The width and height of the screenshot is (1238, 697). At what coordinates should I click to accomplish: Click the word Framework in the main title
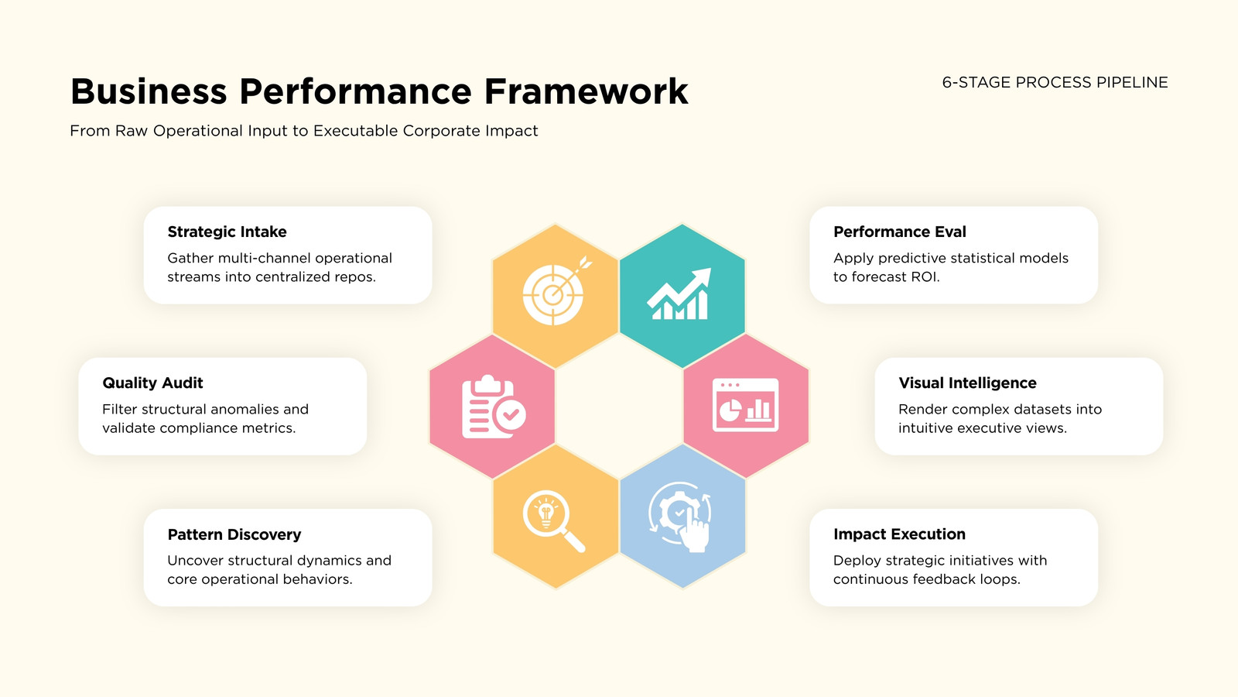pos(586,91)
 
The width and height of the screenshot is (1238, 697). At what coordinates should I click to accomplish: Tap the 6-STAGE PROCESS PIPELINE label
pos(1055,82)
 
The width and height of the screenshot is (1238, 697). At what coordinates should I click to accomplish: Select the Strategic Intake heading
pos(227,232)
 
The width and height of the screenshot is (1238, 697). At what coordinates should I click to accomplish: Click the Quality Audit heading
pos(152,383)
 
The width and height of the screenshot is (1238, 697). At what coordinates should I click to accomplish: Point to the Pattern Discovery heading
pos(234,534)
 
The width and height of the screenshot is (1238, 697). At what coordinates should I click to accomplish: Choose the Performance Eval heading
pos(900,232)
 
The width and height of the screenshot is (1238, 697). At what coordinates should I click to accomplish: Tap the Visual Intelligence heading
pos(967,383)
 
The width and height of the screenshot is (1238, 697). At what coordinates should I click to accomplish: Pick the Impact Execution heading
pos(899,534)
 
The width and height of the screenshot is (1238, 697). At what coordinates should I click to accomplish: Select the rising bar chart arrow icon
pos(679,294)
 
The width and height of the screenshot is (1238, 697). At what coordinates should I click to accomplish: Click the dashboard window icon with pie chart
pos(746,405)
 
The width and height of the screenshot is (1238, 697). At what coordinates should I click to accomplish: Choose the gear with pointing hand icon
pos(680,518)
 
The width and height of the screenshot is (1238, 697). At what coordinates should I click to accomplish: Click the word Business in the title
pos(149,91)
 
